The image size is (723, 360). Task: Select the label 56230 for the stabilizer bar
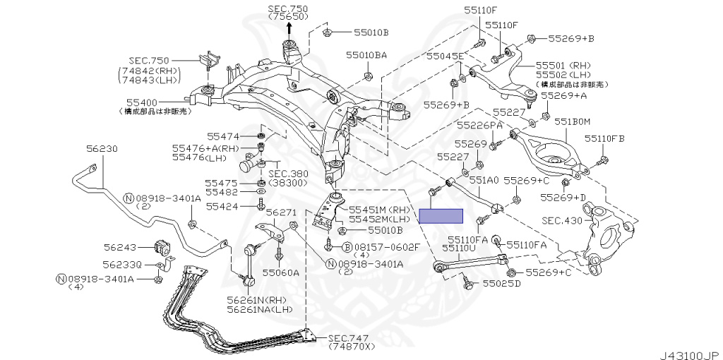[x=102, y=150]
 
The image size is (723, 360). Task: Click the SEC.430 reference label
[x=562, y=221]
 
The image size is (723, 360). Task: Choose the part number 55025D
[x=501, y=284]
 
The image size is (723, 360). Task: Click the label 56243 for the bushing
[x=119, y=248]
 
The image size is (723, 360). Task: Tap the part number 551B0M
[x=571, y=122]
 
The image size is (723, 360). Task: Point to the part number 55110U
[x=460, y=248]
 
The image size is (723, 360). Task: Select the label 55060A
[x=280, y=272]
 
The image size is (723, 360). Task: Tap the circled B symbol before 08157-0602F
[x=347, y=247]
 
